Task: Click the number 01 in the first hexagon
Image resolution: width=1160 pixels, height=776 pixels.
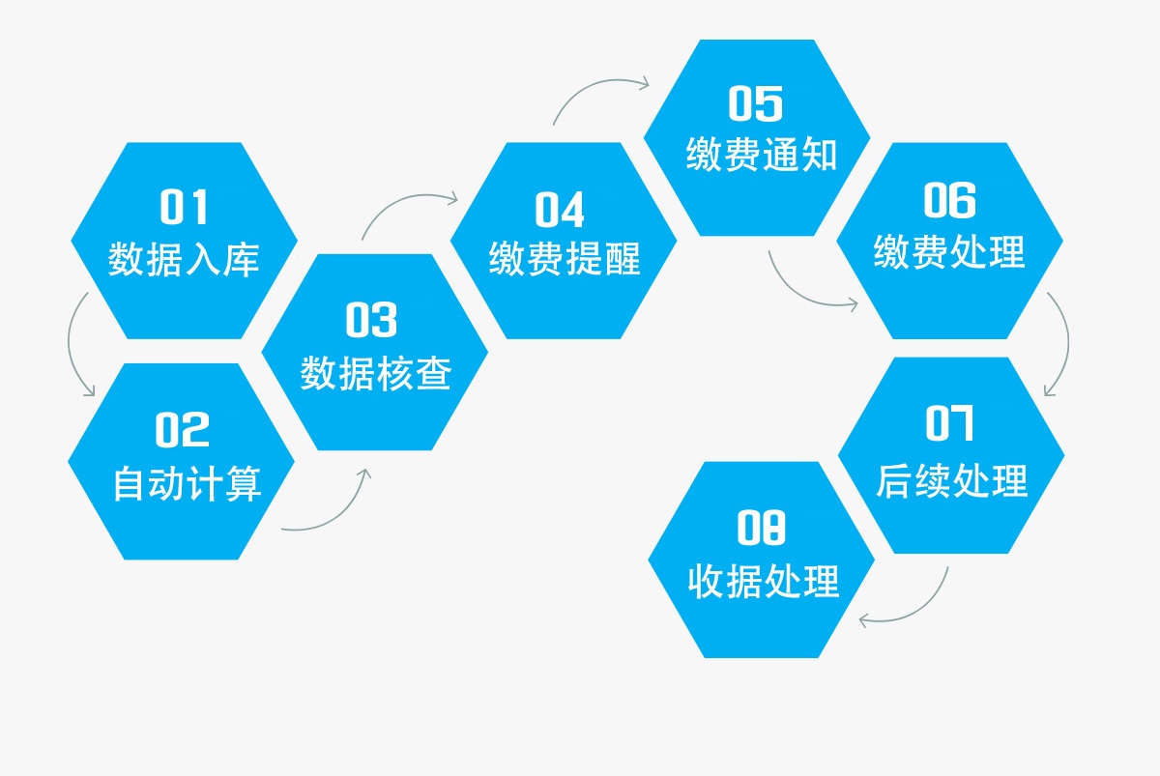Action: (x=184, y=207)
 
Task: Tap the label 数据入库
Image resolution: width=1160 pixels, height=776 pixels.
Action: (x=184, y=259)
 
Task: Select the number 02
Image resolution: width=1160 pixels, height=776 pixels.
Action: (x=183, y=429)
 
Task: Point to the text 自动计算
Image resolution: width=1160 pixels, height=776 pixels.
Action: (x=187, y=483)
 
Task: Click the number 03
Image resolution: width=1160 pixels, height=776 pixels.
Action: (x=371, y=320)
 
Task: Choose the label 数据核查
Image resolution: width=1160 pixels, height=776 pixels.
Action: (x=376, y=373)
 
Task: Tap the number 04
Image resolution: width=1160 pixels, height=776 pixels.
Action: (x=560, y=210)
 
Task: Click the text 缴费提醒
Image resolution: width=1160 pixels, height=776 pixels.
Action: (x=565, y=258)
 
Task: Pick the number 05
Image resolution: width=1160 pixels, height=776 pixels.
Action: (x=756, y=103)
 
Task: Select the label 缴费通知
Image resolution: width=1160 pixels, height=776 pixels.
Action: (x=762, y=154)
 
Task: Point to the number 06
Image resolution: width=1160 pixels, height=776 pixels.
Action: (x=949, y=200)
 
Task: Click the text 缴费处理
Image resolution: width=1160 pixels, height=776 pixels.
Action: (x=949, y=251)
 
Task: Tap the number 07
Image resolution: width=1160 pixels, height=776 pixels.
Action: (x=949, y=423)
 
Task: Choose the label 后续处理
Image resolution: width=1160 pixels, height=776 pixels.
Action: (x=952, y=480)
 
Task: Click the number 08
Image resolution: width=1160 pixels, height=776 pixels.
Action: (x=762, y=527)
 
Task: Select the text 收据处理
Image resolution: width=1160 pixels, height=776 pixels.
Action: (x=764, y=582)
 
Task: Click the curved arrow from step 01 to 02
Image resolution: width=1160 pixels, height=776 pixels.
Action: (x=70, y=344)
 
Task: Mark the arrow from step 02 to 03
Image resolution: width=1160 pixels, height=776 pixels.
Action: (x=343, y=513)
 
